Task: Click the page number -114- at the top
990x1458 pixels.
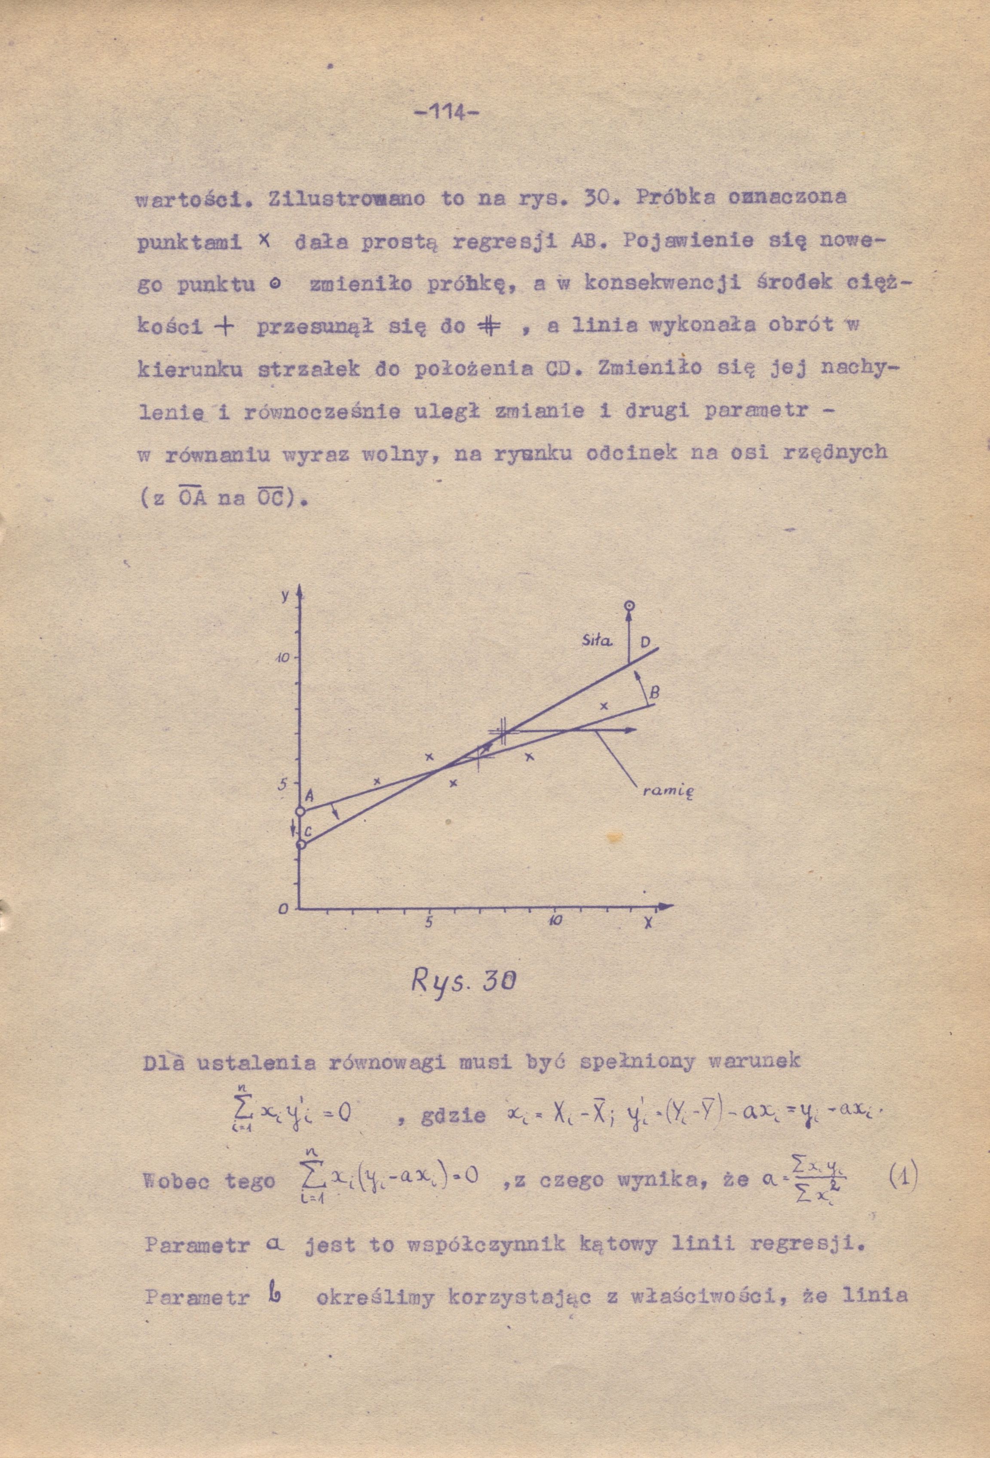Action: pos(446,113)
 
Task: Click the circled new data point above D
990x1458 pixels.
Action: pos(629,606)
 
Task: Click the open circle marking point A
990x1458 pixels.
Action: pos(300,811)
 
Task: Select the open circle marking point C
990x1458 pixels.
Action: pos(300,844)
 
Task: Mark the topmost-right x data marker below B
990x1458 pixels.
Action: pos(604,706)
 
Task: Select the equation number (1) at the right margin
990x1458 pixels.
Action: pos(902,1180)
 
